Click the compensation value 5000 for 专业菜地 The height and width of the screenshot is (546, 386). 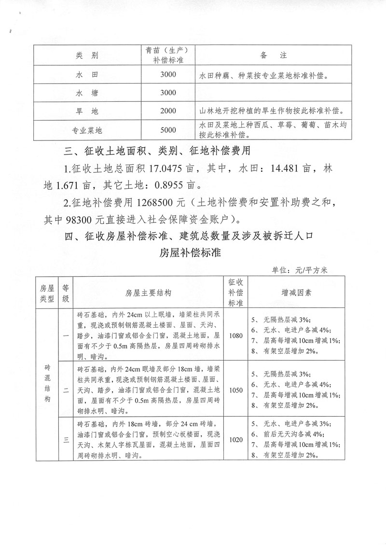[168, 129]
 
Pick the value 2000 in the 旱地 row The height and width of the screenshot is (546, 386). [168, 111]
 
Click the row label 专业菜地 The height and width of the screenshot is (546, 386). [87, 130]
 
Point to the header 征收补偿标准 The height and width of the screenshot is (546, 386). [236, 292]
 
